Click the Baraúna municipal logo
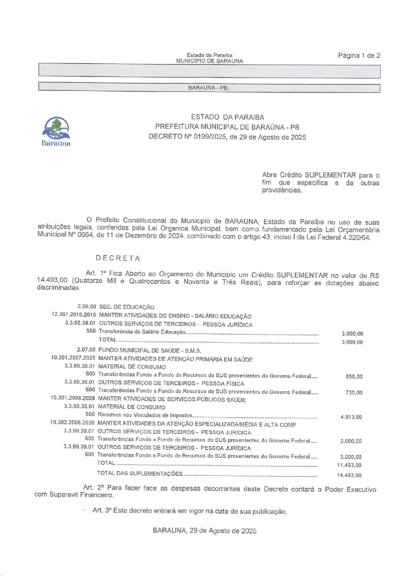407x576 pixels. click(x=56, y=131)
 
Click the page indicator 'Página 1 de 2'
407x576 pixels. click(x=359, y=55)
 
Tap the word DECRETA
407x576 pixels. click(x=118, y=258)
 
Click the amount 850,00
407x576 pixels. click(x=354, y=376)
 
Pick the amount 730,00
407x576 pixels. click(x=354, y=393)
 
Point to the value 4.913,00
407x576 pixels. click(x=351, y=417)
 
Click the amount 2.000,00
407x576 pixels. click(x=351, y=441)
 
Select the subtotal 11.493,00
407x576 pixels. click(x=349, y=465)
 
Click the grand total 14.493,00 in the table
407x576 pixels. click(x=349, y=475)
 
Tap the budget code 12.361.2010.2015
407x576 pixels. click(x=74, y=314)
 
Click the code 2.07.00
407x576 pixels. click(x=86, y=350)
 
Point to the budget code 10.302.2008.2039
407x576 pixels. click(x=72, y=423)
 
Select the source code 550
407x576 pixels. click(x=91, y=331)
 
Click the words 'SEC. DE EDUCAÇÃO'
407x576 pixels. click(x=127, y=307)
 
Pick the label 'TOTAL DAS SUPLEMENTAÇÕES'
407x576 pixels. click(x=140, y=473)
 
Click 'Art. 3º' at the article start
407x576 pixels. click(x=102, y=510)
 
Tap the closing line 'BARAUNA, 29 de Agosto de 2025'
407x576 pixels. click(x=205, y=531)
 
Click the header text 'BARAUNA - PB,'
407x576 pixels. click(x=208, y=88)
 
